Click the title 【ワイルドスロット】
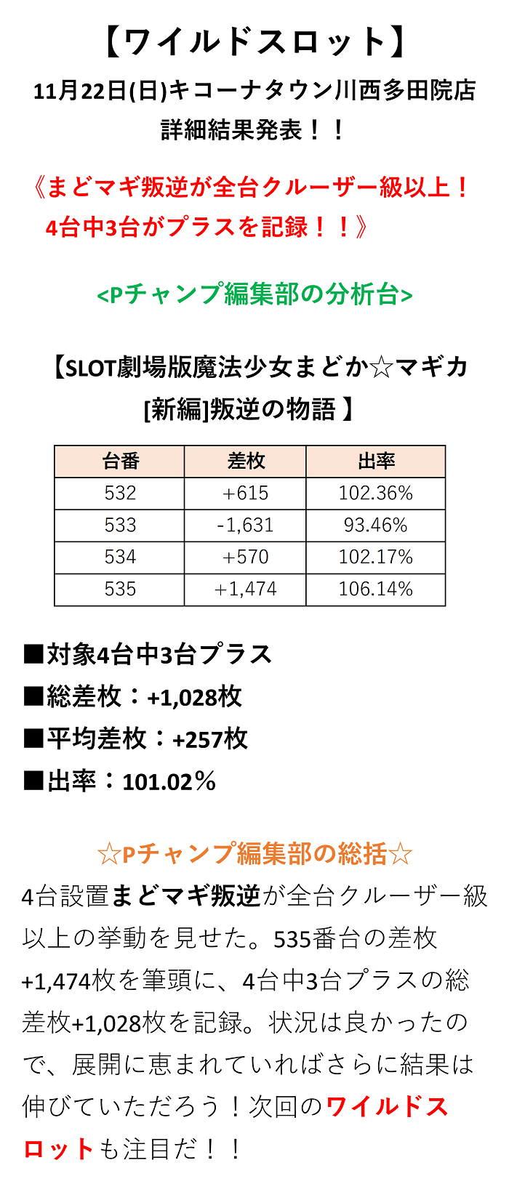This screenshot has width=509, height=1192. pos(254,42)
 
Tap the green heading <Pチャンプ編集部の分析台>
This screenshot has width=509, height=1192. pos(254,294)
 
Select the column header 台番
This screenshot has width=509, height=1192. pos(120,461)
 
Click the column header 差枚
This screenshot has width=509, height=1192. pos(246,461)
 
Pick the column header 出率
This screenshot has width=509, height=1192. pos(376,461)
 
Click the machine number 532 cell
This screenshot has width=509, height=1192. pos(120,493)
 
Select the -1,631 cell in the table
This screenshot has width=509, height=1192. pos(246,525)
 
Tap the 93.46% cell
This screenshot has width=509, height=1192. pos(376,525)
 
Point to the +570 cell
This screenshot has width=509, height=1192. pos(246,557)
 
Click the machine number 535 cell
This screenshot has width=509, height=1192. pos(120,589)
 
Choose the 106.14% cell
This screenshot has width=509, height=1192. pos(376,589)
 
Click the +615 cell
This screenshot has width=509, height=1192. pos(246,493)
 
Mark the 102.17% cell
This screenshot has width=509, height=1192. pos(376,557)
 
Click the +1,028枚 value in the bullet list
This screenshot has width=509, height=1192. pos(194,697)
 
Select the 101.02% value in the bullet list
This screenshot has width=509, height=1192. pos(169,781)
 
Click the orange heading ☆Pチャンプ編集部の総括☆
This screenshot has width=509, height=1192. pos(254,854)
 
